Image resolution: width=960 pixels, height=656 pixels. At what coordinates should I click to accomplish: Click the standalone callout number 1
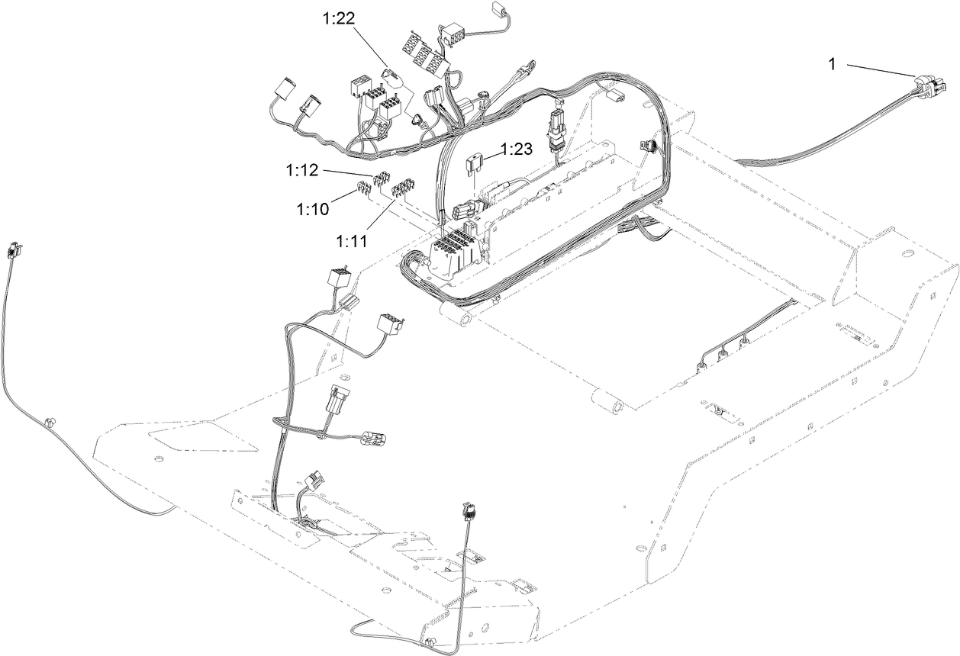click(x=833, y=65)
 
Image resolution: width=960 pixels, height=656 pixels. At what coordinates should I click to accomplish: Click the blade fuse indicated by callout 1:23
click(x=473, y=162)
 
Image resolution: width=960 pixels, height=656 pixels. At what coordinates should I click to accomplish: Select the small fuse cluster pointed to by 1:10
click(x=364, y=187)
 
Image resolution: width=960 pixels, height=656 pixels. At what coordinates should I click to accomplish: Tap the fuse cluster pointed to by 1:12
click(x=382, y=180)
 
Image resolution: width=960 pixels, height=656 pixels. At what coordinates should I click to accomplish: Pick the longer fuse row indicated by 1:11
click(x=401, y=188)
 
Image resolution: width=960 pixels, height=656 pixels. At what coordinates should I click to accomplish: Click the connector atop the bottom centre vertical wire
click(x=468, y=510)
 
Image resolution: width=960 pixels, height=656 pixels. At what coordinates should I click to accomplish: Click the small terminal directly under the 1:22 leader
click(x=419, y=119)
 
